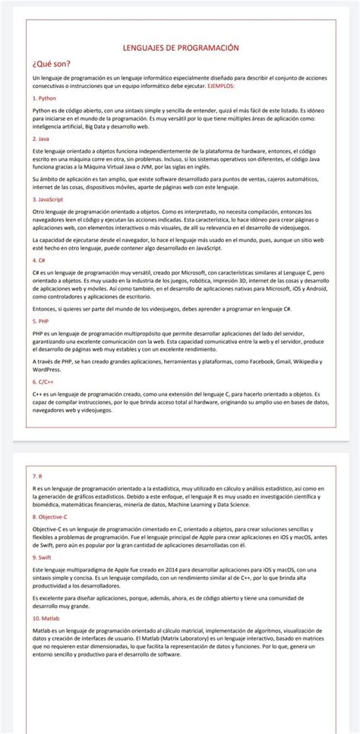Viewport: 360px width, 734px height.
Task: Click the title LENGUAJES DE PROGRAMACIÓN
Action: pyautogui.click(x=180, y=47)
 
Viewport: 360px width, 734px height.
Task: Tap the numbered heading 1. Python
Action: pyautogui.click(x=45, y=99)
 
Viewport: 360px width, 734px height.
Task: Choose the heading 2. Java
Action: pyautogui.click(x=42, y=140)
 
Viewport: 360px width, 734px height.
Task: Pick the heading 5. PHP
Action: pyautogui.click(x=41, y=321)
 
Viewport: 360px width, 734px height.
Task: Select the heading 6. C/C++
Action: pyautogui.click(x=46, y=382)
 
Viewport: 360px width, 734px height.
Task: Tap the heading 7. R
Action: pyautogui.click(x=38, y=476)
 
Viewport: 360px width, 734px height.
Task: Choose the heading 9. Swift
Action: pyautogui.click(x=44, y=557)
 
